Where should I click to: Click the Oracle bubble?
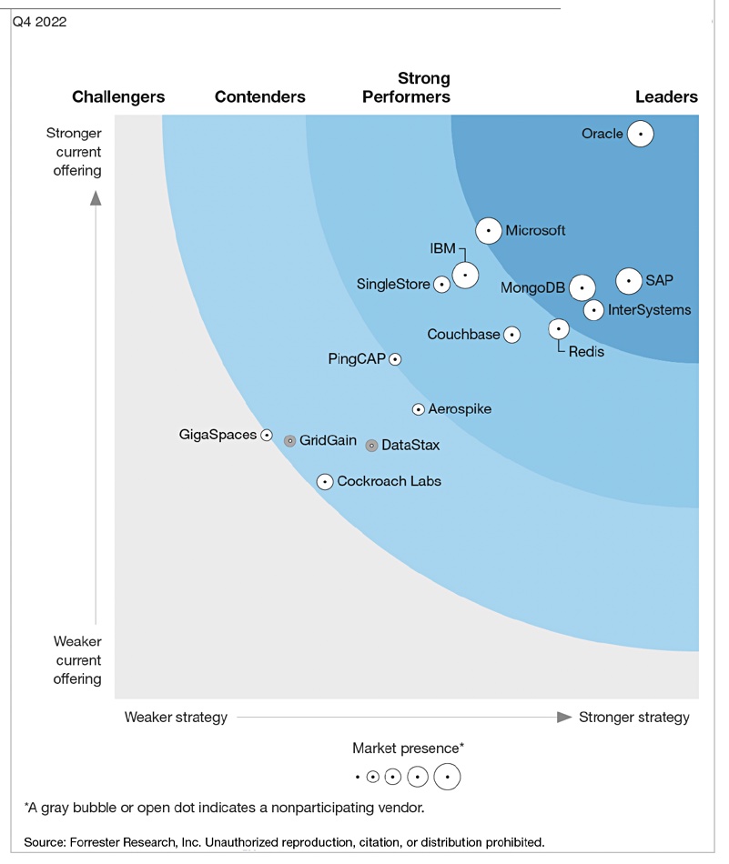(640, 134)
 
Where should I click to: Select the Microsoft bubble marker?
(489, 231)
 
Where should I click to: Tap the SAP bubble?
(629, 281)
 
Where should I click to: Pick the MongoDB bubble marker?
(582, 287)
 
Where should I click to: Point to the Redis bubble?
(559, 329)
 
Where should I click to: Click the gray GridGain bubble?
(290, 441)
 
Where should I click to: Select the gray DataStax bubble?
(371, 446)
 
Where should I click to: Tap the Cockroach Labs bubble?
(325, 482)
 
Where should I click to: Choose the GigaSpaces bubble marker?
(267, 436)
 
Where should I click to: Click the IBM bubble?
(465, 275)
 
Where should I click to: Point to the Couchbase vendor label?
(463, 335)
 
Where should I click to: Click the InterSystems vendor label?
(649, 310)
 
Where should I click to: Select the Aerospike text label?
(460, 409)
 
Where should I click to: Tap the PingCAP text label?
(357, 359)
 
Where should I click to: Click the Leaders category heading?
(666, 97)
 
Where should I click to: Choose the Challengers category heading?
(118, 97)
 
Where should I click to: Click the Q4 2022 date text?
(40, 22)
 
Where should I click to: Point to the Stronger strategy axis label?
(634, 718)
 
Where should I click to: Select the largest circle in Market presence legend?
(447, 777)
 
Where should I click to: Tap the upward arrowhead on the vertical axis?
(96, 198)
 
